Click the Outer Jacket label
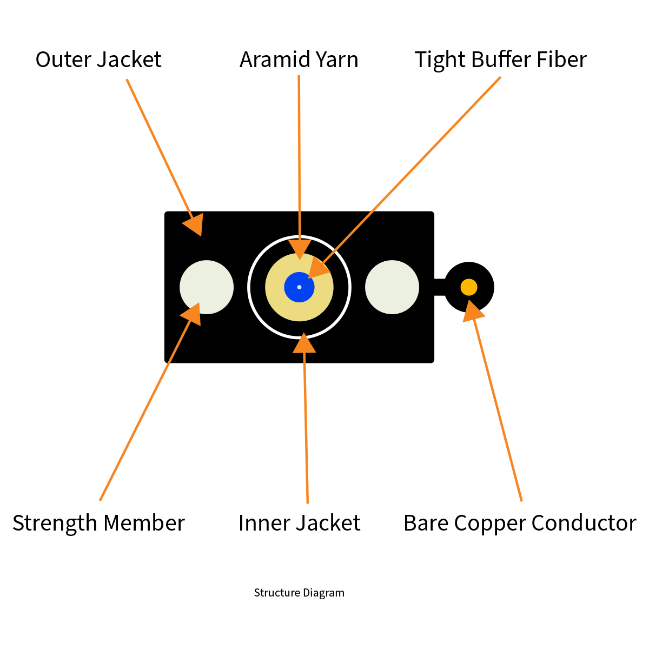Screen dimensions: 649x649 [x=98, y=59]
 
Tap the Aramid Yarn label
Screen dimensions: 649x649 [x=299, y=59]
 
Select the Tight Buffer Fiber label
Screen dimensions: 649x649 [x=500, y=59]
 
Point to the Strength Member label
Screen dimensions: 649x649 [x=98, y=523]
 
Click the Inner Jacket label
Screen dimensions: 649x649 [x=299, y=523]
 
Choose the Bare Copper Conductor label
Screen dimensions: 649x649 [x=520, y=523]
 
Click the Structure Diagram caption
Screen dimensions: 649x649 [x=299, y=593]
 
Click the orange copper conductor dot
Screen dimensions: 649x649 [x=469, y=287]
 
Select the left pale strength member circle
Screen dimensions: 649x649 [x=207, y=287]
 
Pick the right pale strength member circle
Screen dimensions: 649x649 [x=392, y=287]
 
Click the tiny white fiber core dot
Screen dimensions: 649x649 [x=299, y=287]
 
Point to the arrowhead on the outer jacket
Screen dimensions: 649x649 [x=194, y=224]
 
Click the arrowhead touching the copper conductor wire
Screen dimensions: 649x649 [x=473, y=311]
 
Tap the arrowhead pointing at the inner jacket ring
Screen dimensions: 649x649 [x=304, y=344]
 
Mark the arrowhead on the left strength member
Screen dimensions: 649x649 [x=192, y=313]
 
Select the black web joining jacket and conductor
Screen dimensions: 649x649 [x=439, y=287]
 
